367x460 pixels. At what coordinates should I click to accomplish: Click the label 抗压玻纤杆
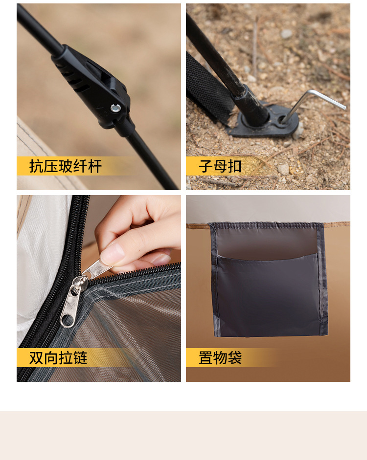point(66,166)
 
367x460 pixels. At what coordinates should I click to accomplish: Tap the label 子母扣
point(220,166)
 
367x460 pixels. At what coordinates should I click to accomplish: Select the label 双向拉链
point(58,358)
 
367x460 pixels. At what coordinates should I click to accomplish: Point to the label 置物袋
point(220,358)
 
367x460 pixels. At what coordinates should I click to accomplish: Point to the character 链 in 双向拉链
point(80,358)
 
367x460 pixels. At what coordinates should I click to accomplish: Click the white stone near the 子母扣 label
point(283,169)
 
